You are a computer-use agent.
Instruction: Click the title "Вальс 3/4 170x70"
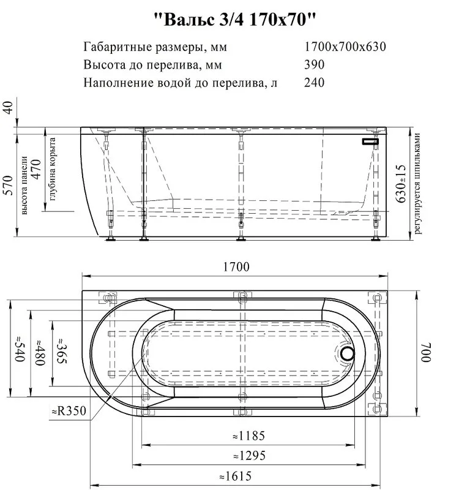235,20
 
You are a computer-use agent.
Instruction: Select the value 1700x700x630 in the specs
345,47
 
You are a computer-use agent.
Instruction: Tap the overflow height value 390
315,64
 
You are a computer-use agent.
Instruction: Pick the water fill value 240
315,83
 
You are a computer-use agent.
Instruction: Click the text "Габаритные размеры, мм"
155,47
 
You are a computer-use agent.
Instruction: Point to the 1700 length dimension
236,267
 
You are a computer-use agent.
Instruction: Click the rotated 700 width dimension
426,353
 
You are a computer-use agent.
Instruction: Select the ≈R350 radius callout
69,410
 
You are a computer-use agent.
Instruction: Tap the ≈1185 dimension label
249,435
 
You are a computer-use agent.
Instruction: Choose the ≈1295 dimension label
250,456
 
